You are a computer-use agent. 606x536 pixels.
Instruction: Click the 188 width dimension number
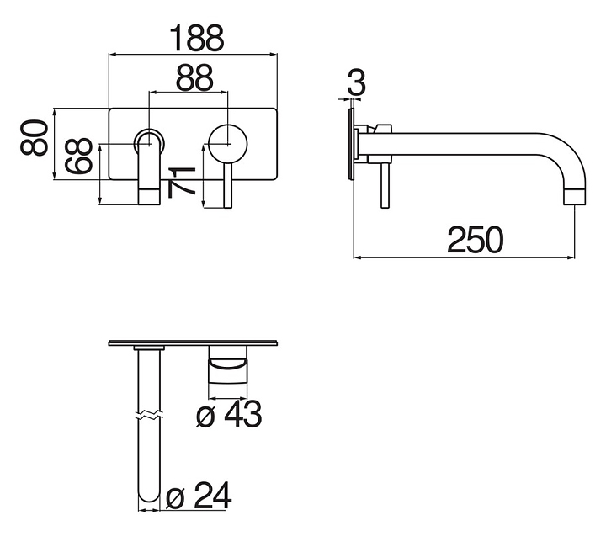pyautogui.click(x=197, y=38)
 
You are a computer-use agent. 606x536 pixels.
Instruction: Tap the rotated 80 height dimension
pyautogui.click(x=35, y=137)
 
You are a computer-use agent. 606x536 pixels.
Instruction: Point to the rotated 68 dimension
pyautogui.click(x=79, y=156)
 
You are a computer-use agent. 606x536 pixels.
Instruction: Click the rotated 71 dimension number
pyautogui.click(x=181, y=182)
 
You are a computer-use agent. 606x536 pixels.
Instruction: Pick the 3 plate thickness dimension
pyautogui.click(x=356, y=83)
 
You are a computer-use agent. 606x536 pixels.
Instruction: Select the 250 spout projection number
pyautogui.click(x=476, y=240)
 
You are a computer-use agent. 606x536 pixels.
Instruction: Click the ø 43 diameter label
pyautogui.click(x=229, y=414)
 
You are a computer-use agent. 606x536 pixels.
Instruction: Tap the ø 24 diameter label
pyautogui.click(x=199, y=496)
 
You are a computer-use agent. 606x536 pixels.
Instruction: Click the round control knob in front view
pyautogui.click(x=227, y=143)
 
